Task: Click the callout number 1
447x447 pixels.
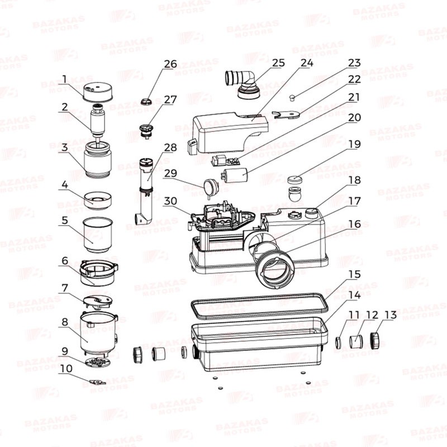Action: [x=64, y=79]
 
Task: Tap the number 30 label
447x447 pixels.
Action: [x=170, y=201]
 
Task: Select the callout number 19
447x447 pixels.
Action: [x=355, y=144]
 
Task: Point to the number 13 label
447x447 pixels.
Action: [x=391, y=315]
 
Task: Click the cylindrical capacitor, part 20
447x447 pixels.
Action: [x=235, y=175]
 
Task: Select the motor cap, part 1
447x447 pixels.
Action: [x=98, y=92]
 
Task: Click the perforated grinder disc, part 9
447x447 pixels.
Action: [x=97, y=362]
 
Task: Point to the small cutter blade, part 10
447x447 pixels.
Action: [x=97, y=382]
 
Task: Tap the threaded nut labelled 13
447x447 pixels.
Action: [x=376, y=341]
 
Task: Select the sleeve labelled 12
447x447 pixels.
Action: [x=356, y=341]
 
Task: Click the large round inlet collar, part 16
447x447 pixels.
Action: [x=274, y=267]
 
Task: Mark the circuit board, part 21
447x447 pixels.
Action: [x=226, y=160]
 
